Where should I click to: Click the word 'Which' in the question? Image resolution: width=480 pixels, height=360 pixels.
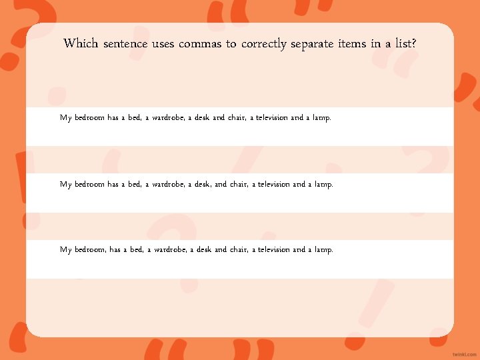81,44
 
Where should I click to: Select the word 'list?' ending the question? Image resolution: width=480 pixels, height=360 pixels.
404,44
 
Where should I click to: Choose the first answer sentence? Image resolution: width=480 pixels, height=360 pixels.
195,118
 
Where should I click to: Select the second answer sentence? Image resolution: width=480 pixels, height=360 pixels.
196,184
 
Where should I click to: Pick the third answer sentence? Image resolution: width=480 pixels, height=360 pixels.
196,250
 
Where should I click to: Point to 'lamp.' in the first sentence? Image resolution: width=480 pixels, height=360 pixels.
321,118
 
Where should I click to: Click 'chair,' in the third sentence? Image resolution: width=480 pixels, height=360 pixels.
239,250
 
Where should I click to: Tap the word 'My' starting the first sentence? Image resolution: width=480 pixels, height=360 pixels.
65,118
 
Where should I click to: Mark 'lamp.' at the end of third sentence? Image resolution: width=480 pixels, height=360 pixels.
323,250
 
